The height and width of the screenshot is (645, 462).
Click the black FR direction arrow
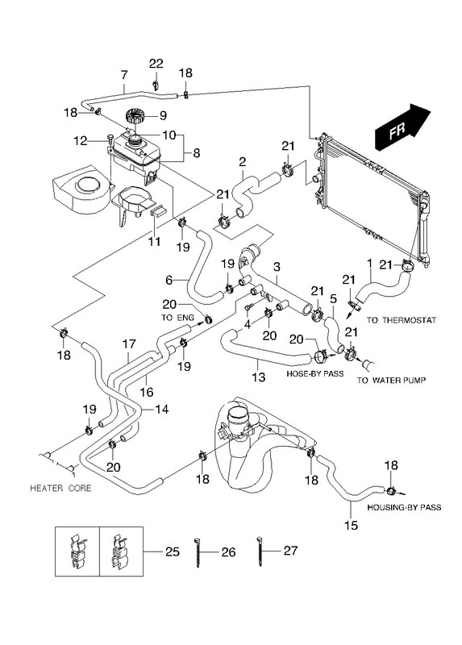pos(402,127)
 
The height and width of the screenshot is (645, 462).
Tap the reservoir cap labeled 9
pos(135,115)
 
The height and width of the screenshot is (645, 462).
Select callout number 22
pos(156,64)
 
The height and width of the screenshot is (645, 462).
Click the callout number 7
pos(124,75)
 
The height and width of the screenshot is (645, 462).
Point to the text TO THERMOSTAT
pos(401,320)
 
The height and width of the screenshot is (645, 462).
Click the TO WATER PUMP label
pos(391,380)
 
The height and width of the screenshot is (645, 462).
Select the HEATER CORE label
pos(60,489)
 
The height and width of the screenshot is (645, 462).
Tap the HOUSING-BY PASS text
pos(404,508)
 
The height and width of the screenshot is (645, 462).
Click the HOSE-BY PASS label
pos(314,374)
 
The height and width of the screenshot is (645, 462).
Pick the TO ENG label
pos(177,318)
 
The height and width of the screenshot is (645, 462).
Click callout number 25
pos(173,551)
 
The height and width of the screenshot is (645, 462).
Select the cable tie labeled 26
pos(198,551)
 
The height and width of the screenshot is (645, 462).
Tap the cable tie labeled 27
pos(260,551)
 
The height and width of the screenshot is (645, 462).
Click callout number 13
pos(258,377)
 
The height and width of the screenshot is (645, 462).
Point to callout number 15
pos(352,526)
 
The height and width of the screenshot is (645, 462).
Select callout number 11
pos(154,241)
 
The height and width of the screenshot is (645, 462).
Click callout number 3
pos(277,267)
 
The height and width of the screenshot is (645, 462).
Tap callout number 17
pos(129,343)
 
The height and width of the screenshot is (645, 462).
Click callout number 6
pos(169,280)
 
